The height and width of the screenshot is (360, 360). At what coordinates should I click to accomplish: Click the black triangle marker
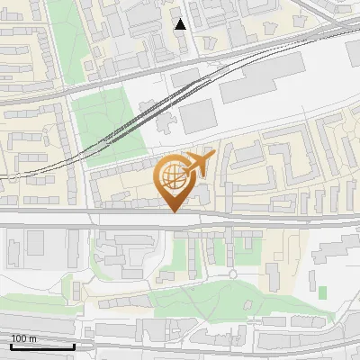click(x=180, y=24)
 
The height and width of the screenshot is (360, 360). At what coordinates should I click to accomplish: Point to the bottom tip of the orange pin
click(x=172, y=212)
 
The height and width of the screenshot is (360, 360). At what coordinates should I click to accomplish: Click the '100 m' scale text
click(x=23, y=338)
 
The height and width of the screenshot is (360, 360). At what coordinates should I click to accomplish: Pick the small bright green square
click(x=322, y=292)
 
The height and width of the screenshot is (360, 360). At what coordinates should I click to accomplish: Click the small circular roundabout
click(x=232, y=274)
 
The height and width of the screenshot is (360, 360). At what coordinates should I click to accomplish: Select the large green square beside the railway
click(x=107, y=126)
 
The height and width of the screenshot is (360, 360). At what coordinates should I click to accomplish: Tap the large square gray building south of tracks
click(x=200, y=115)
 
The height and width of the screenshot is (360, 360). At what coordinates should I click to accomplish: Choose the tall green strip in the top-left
click(x=62, y=36)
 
